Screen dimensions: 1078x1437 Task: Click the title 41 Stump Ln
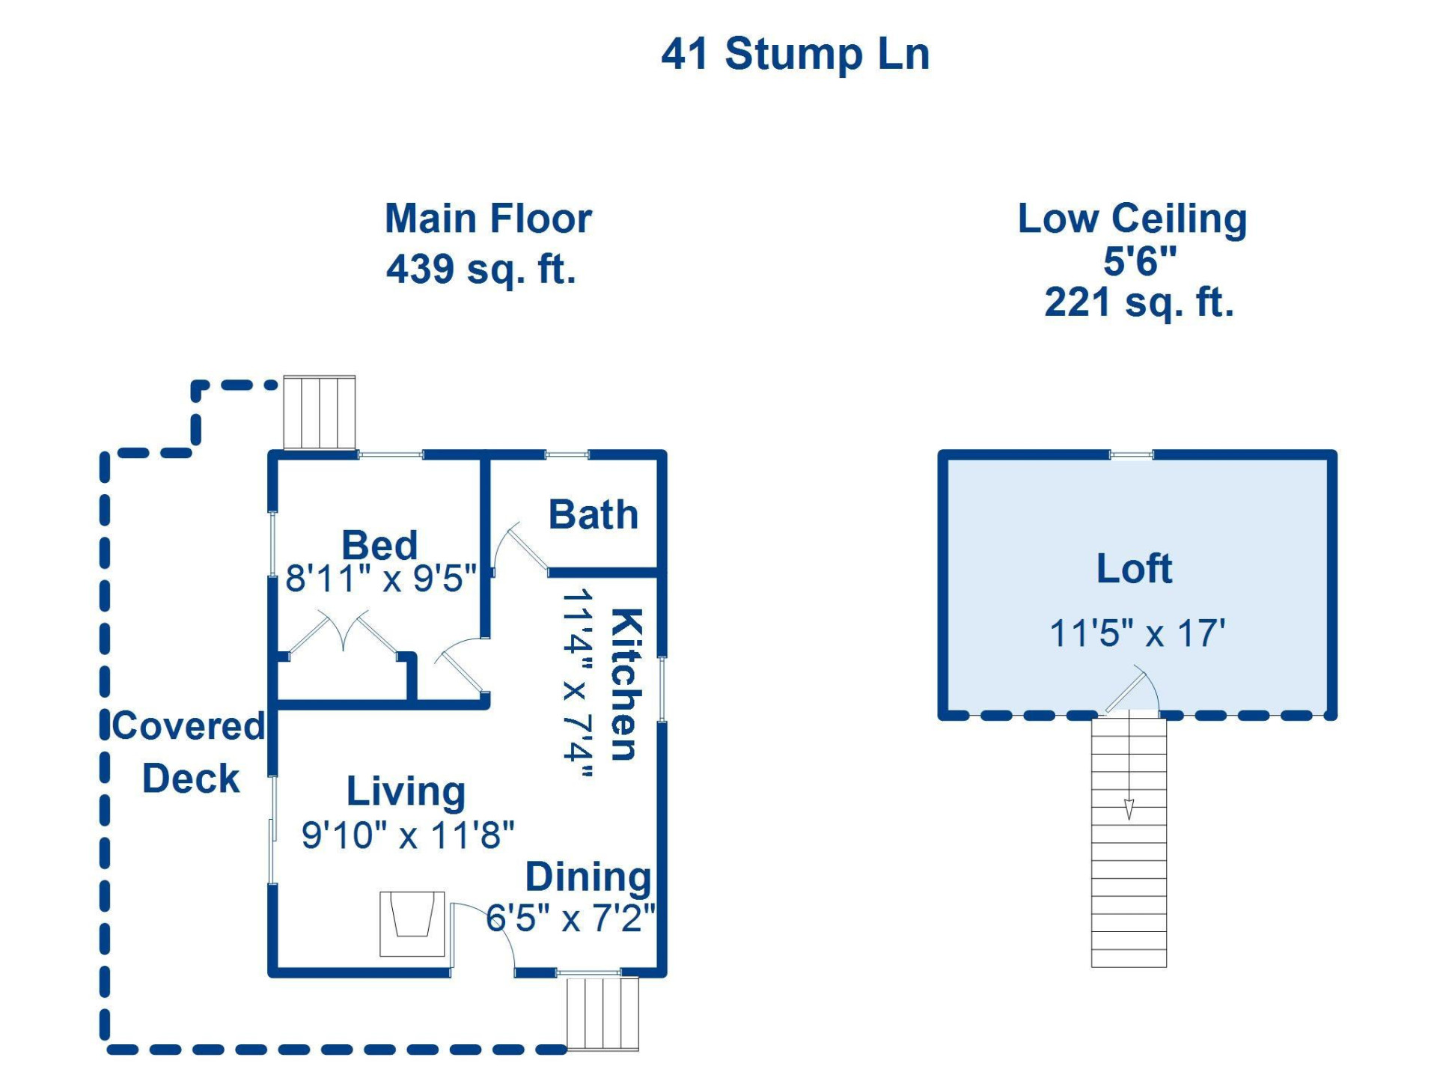[795, 54]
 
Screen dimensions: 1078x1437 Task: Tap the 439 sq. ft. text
[481, 269]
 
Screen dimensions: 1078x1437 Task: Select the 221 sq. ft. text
[1138, 302]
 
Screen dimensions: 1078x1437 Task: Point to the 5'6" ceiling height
[1139, 261]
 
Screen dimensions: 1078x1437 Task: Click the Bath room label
[593, 514]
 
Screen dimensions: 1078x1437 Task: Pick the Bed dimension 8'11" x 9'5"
[380, 579]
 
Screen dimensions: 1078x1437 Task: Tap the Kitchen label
[626, 684]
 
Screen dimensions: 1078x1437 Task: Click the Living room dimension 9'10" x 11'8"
[408, 835]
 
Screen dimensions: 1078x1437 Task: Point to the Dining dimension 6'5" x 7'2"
[570, 918]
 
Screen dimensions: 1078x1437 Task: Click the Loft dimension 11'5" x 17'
[1137, 633]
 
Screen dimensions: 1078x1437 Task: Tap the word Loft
[1134, 568]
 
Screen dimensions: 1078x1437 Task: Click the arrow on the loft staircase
[1129, 808]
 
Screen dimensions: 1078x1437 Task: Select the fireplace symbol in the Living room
[412, 922]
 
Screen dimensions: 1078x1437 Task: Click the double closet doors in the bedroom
[344, 634]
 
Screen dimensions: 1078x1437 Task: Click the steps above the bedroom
[319, 412]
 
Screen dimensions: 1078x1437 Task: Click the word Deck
[190, 779]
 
